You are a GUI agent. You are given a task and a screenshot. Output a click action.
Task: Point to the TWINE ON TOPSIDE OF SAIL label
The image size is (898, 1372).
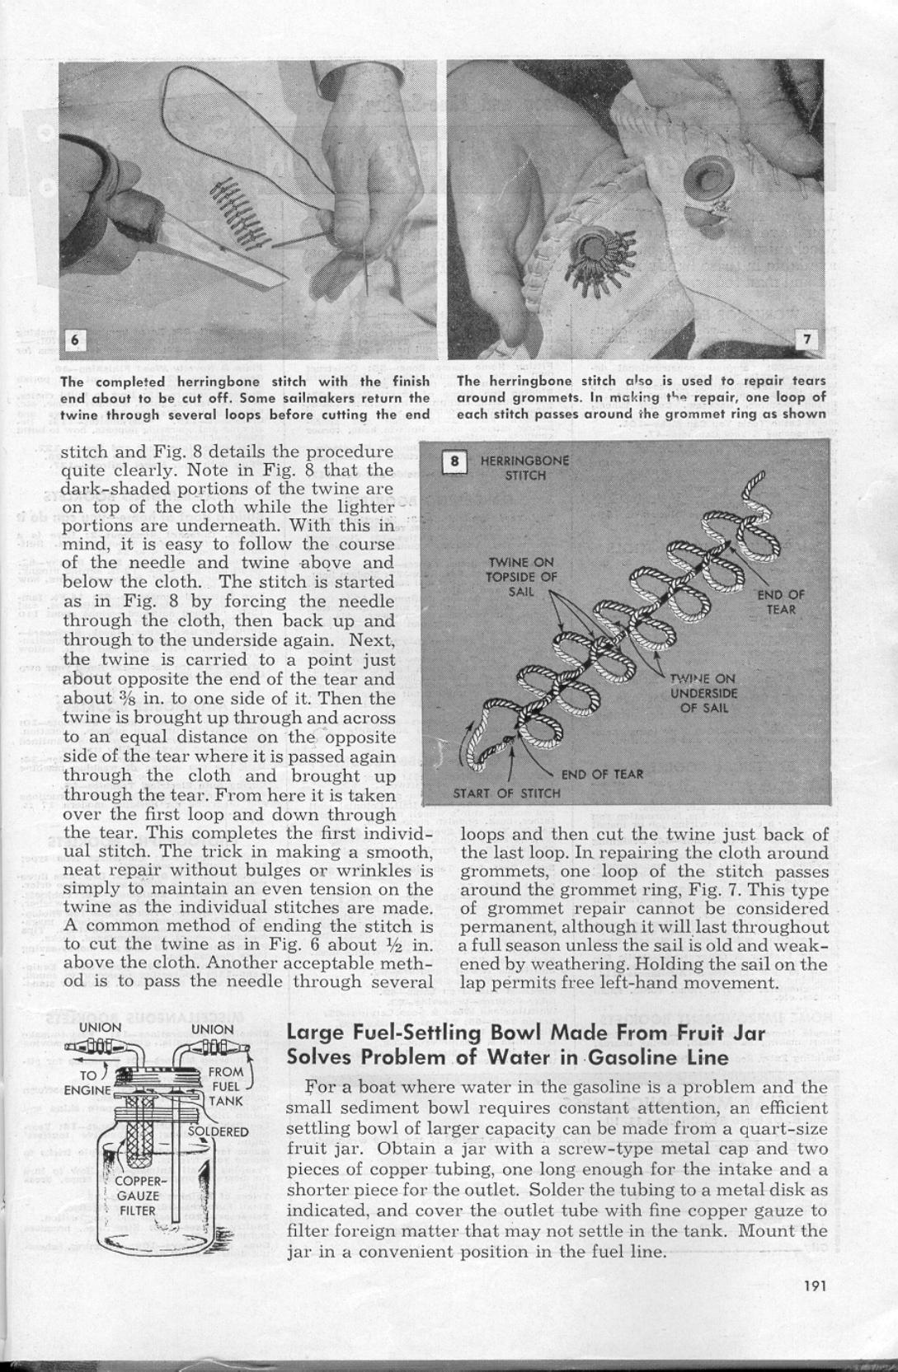click(x=521, y=577)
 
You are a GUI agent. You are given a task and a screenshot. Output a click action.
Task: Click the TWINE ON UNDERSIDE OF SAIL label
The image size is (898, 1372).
click(x=703, y=693)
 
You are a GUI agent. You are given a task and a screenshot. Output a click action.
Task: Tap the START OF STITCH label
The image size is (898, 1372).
click(x=506, y=794)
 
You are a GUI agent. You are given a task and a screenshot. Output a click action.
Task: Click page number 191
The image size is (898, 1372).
click(x=814, y=1283)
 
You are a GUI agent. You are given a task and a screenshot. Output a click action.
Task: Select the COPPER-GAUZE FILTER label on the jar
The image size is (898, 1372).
click(x=138, y=1196)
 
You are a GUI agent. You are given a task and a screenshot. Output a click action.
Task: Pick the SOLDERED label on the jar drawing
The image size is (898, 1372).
click(x=219, y=1131)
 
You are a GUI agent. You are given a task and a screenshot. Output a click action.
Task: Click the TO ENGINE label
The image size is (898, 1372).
click(x=87, y=1083)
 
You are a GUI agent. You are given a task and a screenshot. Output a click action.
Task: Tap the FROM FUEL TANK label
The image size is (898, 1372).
click(x=224, y=1086)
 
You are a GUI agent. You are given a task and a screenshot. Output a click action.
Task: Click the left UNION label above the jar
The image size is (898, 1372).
click(x=101, y=1028)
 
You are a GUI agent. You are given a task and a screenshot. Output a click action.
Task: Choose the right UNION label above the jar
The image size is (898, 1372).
click(x=213, y=1028)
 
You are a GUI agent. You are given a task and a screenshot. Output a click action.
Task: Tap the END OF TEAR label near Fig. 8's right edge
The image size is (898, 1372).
click(x=781, y=602)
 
